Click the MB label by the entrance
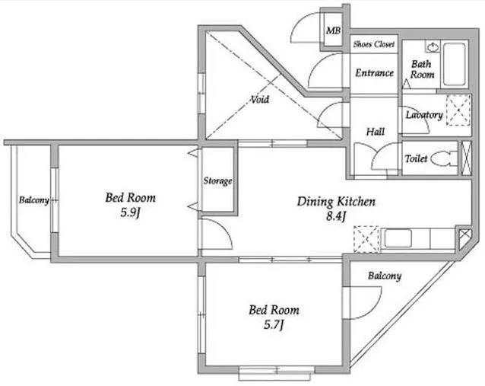click(334, 30)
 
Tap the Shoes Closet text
click(374, 44)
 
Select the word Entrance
click(374, 73)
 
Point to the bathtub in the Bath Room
click(455, 64)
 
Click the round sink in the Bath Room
click(432, 47)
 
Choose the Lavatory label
click(424, 115)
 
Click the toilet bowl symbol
click(443, 158)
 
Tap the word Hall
click(376, 132)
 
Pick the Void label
click(259, 100)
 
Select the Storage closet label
click(217, 180)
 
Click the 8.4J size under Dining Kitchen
click(336, 216)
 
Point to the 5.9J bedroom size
click(131, 212)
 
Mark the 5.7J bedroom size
click(274, 324)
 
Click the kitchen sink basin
click(398, 238)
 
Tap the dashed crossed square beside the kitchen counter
click(366, 239)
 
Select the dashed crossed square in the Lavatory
click(458, 110)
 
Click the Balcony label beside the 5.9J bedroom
click(34, 200)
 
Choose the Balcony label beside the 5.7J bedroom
click(385, 276)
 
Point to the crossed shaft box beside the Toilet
click(466, 158)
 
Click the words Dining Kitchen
click(336, 202)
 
